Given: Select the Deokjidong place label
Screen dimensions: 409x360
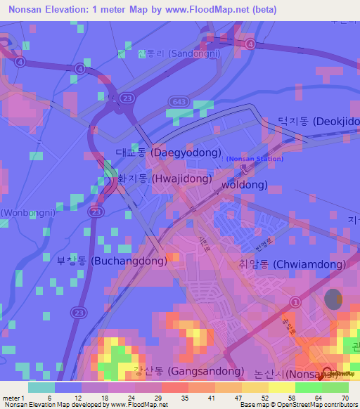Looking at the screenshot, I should coord(318,122).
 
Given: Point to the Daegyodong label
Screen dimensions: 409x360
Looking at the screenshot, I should coord(168,152).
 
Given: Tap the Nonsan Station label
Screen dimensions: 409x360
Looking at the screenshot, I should coord(255,159).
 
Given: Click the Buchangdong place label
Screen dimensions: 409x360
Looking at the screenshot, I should coord(112,261).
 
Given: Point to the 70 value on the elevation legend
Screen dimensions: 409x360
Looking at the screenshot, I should coord(345,398).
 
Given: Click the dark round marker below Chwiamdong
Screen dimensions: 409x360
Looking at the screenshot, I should coord(333,299).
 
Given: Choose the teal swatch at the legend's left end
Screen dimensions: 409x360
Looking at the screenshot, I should coord(41,387).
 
